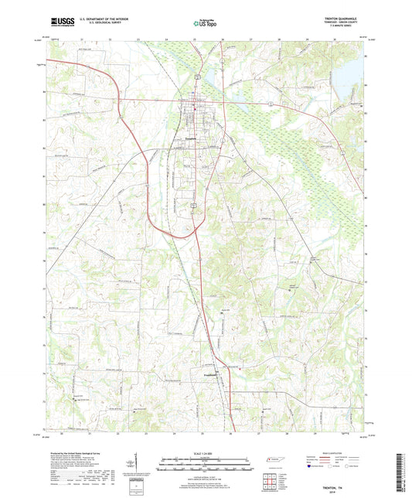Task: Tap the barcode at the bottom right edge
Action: tap(401, 471)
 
